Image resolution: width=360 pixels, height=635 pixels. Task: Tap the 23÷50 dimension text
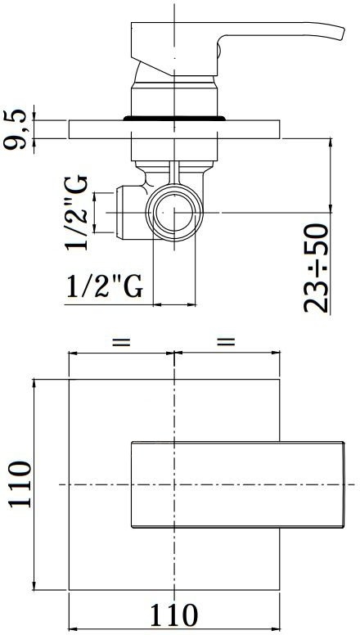(317, 268)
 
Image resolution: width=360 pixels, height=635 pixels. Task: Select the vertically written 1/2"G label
(76, 213)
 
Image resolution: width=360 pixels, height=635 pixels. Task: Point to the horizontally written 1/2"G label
(105, 286)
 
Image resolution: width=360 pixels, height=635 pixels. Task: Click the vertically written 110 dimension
(20, 484)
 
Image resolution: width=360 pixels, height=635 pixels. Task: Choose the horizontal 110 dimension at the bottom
(174, 615)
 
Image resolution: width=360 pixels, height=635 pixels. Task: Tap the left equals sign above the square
(121, 341)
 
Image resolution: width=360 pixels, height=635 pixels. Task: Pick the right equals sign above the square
(226, 341)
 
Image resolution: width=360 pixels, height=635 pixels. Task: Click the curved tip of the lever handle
(341, 34)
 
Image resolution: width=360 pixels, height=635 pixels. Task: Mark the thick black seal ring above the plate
(174, 119)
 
